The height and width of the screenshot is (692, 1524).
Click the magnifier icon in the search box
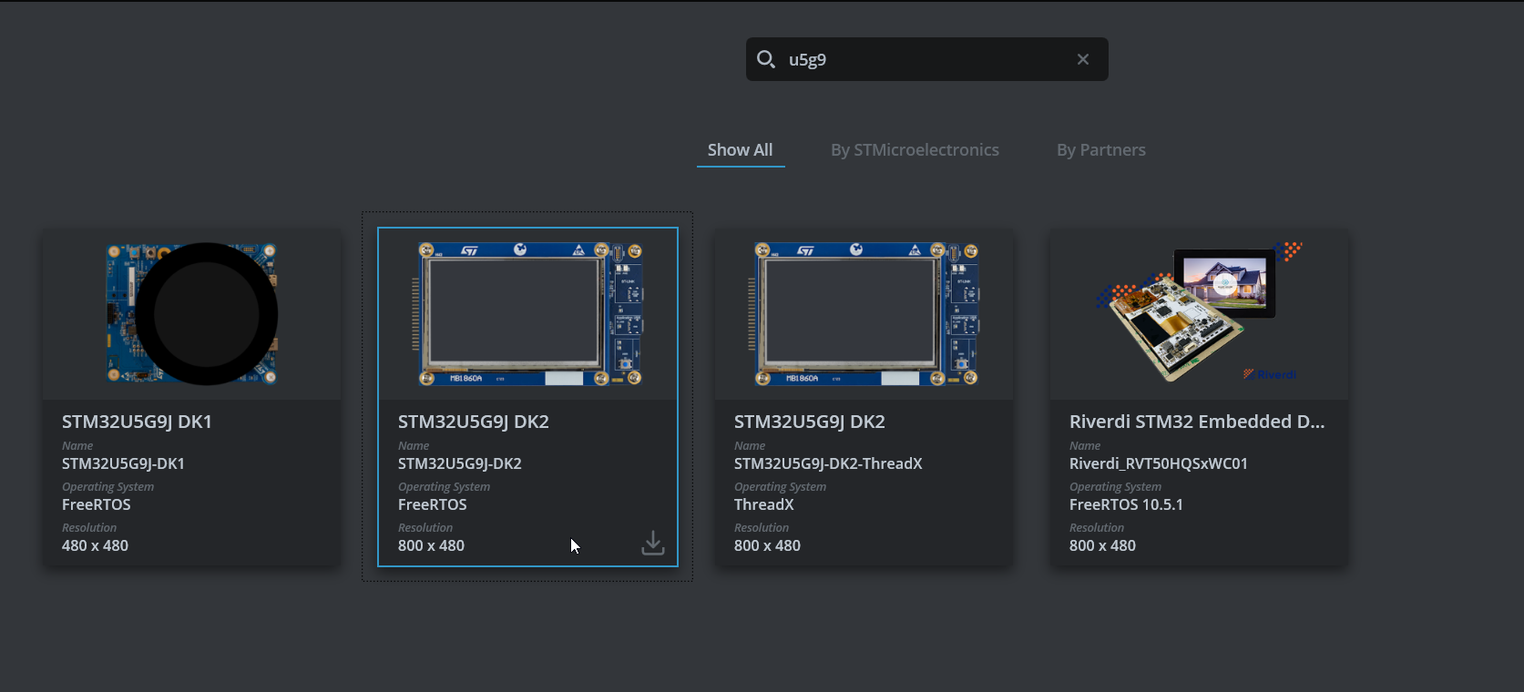coord(766,59)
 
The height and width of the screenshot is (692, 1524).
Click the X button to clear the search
coord(1083,59)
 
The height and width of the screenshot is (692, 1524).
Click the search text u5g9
coord(807,60)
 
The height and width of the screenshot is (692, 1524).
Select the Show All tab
coord(740,150)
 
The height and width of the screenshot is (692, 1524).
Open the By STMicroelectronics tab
coord(915,150)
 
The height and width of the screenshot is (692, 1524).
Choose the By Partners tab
coord(1100,150)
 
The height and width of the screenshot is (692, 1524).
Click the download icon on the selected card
coord(653,544)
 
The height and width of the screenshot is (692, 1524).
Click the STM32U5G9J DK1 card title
coord(137,422)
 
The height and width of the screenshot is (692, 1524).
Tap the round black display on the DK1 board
coord(206,314)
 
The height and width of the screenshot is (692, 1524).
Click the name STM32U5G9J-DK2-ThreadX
coord(828,463)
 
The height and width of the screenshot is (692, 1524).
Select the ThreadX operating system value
coord(763,504)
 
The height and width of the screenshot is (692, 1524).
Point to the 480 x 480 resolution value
coord(95,545)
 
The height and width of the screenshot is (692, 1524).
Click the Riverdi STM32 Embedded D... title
coord(1196,422)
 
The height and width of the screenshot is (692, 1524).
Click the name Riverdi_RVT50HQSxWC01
coord(1158,463)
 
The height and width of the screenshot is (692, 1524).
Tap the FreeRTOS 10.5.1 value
coord(1126,504)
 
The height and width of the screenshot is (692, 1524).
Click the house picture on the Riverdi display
coord(1224,281)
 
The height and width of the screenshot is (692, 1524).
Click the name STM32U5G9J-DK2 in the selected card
coord(459,463)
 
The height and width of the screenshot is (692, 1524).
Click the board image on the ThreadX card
coord(864,314)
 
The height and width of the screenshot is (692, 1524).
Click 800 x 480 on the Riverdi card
coord(1102,545)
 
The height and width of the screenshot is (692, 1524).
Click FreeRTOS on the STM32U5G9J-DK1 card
coord(97,504)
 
